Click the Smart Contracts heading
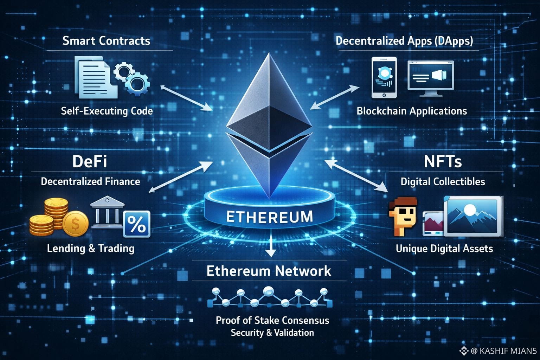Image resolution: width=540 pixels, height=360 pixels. (x=106, y=41)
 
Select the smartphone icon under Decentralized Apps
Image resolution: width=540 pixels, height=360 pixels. (x=384, y=78)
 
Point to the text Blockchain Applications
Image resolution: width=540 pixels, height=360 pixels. (x=412, y=111)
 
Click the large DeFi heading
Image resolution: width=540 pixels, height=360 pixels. (x=90, y=161)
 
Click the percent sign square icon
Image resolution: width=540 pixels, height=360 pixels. (x=137, y=224)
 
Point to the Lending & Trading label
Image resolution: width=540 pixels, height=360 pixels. (x=91, y=249)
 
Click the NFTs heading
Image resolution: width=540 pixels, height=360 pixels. (x=443, y=161)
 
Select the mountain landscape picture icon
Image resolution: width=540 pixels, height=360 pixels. (x=472, y=216)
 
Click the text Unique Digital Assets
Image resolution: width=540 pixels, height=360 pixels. (x=444, y=249)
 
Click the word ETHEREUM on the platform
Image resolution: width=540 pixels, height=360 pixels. (x=269, y=217)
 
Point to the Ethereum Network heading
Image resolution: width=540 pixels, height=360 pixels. (x=269, y=271)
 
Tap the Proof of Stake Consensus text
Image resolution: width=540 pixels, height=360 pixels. (x=272, y=320)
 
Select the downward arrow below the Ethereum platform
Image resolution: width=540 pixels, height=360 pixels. (x=270, y=248)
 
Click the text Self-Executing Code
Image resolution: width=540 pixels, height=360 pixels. (x=107, y=111)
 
